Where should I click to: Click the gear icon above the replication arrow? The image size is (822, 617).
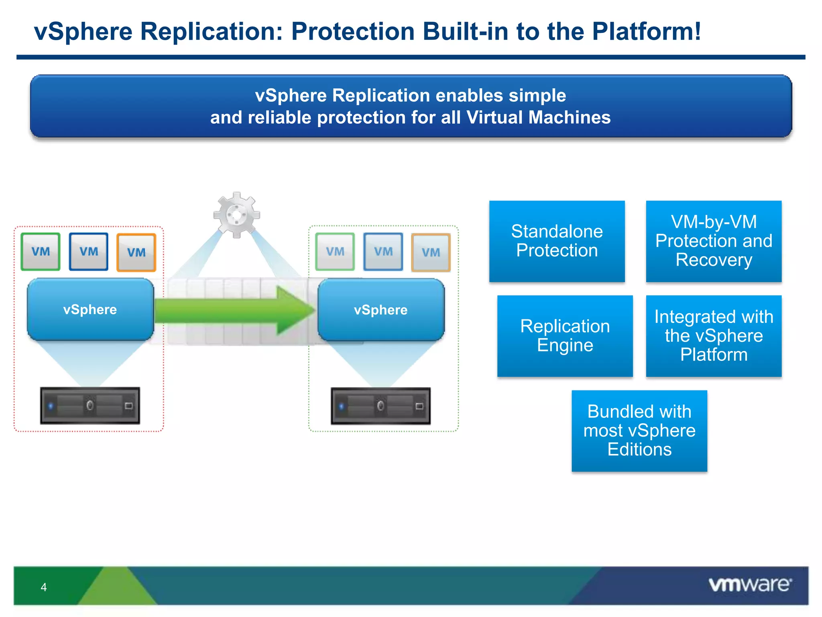tap(236, 215)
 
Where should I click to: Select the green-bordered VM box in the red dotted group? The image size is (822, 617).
tap(41, 252)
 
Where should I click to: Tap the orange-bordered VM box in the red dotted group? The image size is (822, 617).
tap(136, 253)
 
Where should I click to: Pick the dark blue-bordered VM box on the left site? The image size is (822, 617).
tap(89, 252)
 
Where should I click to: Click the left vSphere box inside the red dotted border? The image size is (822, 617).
tap(90, 309)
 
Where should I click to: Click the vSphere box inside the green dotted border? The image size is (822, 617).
tap(381, 310)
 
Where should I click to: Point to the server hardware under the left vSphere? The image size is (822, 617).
tap(90, 406)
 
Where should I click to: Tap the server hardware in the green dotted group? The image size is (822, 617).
tap(380, 406)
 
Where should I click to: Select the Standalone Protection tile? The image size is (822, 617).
tap(557, 241)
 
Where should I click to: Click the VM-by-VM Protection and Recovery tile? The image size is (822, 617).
tap(714, 241)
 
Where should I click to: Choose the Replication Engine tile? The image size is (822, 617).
tap(565, 336)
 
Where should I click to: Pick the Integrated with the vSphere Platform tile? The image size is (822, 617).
tap(714, 336)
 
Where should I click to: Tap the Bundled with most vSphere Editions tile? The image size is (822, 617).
tap(639, 431)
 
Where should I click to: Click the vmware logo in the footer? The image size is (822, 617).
tap(750, 584)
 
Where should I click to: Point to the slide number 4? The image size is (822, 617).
tap(44, 587)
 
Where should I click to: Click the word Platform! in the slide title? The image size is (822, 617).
tap(646, 31)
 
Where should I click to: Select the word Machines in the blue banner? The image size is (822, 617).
tap(569, 117)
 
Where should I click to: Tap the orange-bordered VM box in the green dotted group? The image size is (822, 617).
tap(431, 253)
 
